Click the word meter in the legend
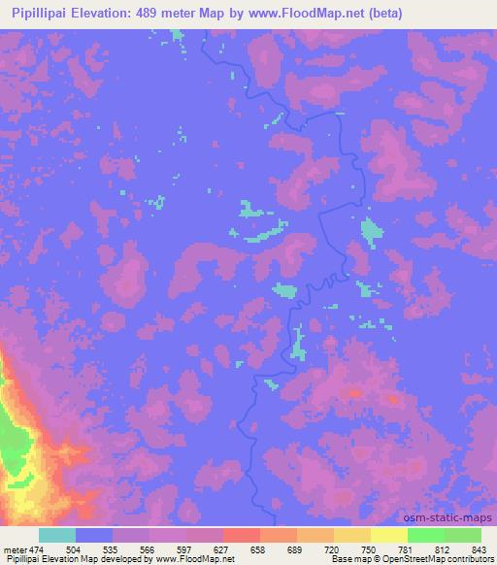13,549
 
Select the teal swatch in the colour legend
57,535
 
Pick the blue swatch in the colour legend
94,535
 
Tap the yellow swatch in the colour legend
389,535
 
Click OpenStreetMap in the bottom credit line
417,560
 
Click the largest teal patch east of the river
370,231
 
